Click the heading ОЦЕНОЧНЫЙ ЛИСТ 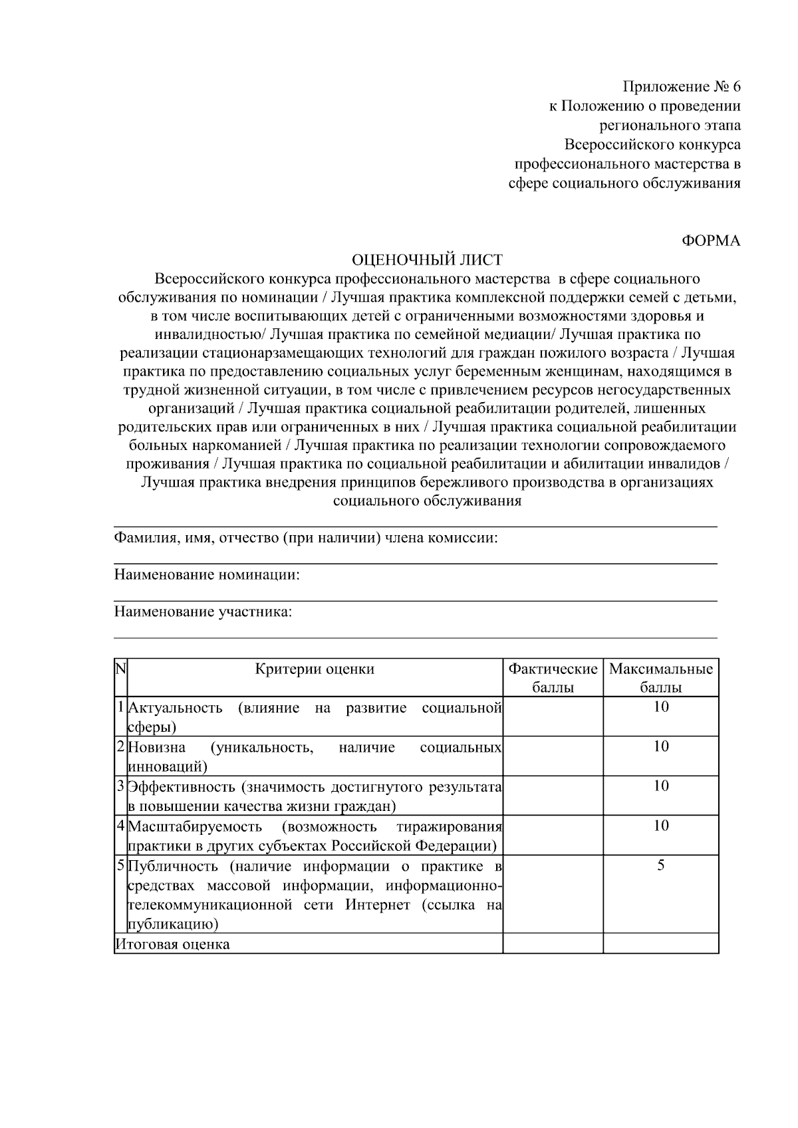pyautogui.click(x=426, y=259)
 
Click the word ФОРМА pyautogui.click(x=711, y=241)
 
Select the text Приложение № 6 pyautogui.click(x=681, y=86)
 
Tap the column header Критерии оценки pyautogui.click(x=315, y=669)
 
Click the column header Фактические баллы pyautogui.click(x=553, y=678)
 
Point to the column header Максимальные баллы pyautogui.click(x=660, y=678)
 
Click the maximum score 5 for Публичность pyautogui.click(x=660, y=865)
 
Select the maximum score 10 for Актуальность pyautogui.click(x=660, y=707)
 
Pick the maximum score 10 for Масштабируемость pyautogui.click(x=660, y=826)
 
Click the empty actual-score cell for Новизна pyautogui.click(x=553, y=756)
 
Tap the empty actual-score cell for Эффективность pyautogui.click(x=553, y=796)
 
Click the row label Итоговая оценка pyautogui.click(x=172, y=944)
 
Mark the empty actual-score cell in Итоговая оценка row pyautogui.click(x=553, y=943)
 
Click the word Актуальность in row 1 pyautogui.click(x=175, y=707)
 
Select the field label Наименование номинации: pyautogui.click(x=207, y=574)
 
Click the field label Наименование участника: pyautogui.click(x=203, y=612)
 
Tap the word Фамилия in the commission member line pyautogui.click(x=143, y=537)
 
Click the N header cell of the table pyautogui.click(x=120, y=668)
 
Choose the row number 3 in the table pyautogui.click(x=120, y=787)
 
